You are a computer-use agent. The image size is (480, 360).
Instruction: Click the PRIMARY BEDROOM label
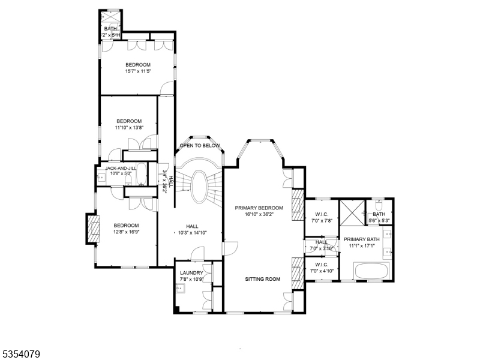point(259,208)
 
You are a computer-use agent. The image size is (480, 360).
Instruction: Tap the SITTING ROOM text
point(263,279)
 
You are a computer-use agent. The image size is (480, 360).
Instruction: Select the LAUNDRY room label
point(191,273)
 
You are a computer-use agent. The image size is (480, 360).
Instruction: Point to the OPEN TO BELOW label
point(200,145)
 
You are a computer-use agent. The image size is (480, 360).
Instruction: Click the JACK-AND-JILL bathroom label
point(121,169)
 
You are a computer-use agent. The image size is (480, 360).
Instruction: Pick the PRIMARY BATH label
point(362,239)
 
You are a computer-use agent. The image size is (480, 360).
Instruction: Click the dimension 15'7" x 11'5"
point(138,71)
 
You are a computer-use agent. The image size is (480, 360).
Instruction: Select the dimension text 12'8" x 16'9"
point(127,232)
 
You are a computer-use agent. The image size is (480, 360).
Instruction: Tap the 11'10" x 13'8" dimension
point(129,128)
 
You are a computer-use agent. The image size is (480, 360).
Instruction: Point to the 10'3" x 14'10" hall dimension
point(193,233)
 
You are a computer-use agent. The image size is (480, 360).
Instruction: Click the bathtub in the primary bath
point(371,271)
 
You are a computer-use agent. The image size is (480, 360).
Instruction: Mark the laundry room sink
point(180,289)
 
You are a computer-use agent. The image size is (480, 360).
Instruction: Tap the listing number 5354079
point(20,355)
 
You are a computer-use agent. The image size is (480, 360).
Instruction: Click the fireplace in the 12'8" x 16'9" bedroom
point(94,229)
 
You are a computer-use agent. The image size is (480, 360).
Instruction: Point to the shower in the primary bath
point(352,213)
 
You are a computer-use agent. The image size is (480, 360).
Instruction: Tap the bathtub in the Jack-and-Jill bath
point(141,174)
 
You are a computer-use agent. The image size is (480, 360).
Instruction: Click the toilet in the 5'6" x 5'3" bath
point(379,204)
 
